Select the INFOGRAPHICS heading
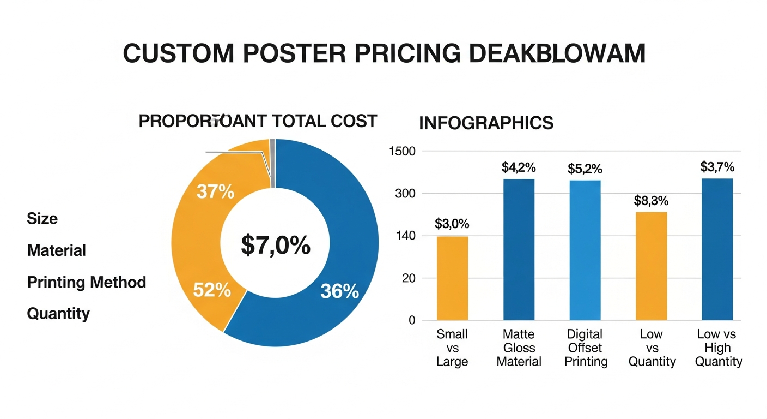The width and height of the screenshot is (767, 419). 486,123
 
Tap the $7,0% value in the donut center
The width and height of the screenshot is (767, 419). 276,246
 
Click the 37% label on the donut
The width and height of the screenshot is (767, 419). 215,192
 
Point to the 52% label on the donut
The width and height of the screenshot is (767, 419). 212,290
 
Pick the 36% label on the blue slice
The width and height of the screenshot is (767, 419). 339,292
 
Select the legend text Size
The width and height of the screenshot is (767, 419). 42,219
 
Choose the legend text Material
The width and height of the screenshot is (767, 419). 57,250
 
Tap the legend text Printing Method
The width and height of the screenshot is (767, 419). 87,282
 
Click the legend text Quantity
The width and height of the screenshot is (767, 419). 58,314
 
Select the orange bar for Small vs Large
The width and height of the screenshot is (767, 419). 452,278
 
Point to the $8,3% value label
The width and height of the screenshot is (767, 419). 651,201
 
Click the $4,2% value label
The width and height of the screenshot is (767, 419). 519,167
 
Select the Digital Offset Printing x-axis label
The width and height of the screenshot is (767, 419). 586,348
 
